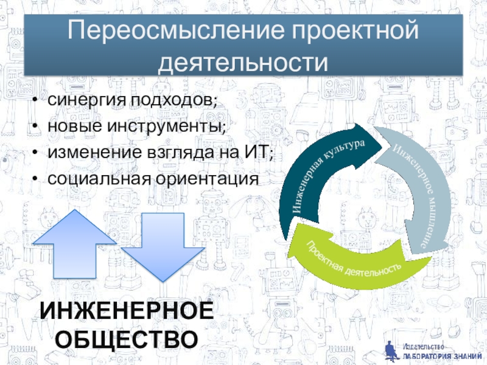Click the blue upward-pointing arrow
pyautogui.click(x=74, y=243)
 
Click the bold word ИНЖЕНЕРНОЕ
pyautogui.click(x=127, y=311)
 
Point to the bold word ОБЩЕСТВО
pyautogui.click(x=127, y=338)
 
